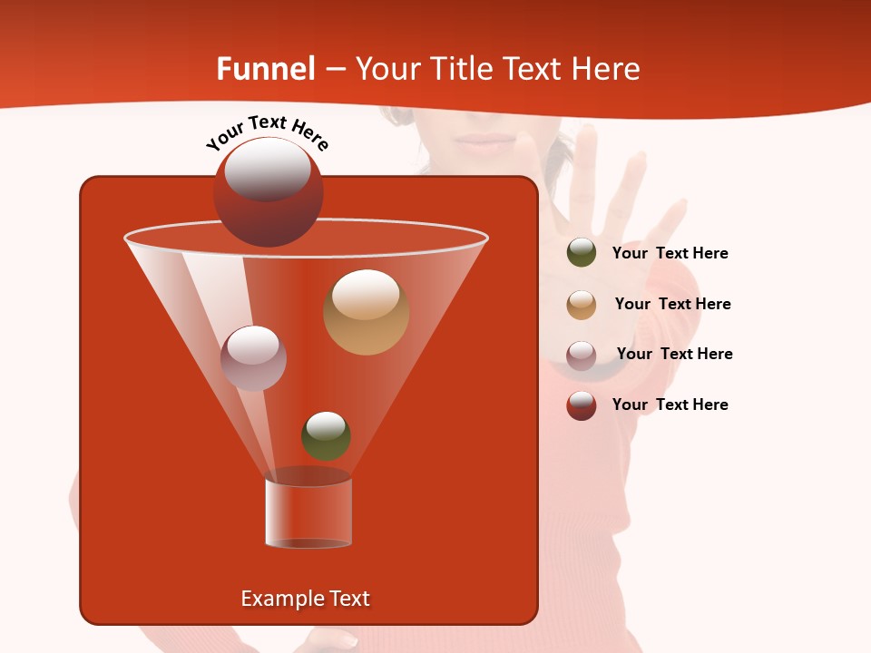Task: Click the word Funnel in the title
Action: click(266, 69)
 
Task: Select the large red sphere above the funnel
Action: click(268, 192)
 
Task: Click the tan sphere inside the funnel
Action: click(366, 312)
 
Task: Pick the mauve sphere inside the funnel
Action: click(254, 357)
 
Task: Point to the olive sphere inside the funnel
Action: click(326, 436)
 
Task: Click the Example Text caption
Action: click(305, 599)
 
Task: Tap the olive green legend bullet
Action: click(582, 253)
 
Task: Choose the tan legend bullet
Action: click(582, 305)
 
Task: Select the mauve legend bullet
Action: click(582, 356)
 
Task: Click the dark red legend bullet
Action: click(582, 405)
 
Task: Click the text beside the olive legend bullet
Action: click(670, 254)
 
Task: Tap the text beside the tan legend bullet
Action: click(672, 305)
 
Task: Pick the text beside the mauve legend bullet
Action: click(674, 355)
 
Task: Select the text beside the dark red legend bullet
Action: click(670, 405)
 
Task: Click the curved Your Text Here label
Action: click(267, 132)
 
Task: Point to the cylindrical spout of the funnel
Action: click(308, 512)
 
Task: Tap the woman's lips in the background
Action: click(484, 142)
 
